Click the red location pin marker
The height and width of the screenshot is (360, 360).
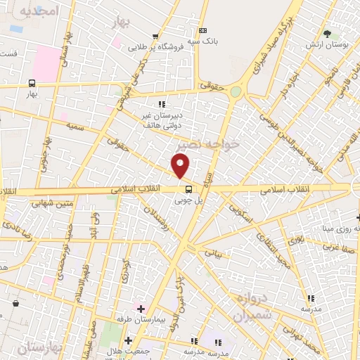(x=181, y=167)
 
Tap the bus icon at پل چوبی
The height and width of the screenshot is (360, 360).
(x=188, y=189)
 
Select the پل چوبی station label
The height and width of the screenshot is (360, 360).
(x=188, y=200)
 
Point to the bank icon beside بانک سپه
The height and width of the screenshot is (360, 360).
(x=203, y=30)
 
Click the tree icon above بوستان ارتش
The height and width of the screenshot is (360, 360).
(x=326, y=33)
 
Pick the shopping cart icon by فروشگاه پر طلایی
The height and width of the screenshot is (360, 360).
(x=155, y=37)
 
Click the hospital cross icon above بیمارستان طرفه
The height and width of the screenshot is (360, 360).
(x=141, y=308)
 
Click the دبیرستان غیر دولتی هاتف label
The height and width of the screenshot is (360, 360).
(x=162, y=120)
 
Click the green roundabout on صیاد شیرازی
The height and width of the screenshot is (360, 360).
(x=236, y=91)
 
